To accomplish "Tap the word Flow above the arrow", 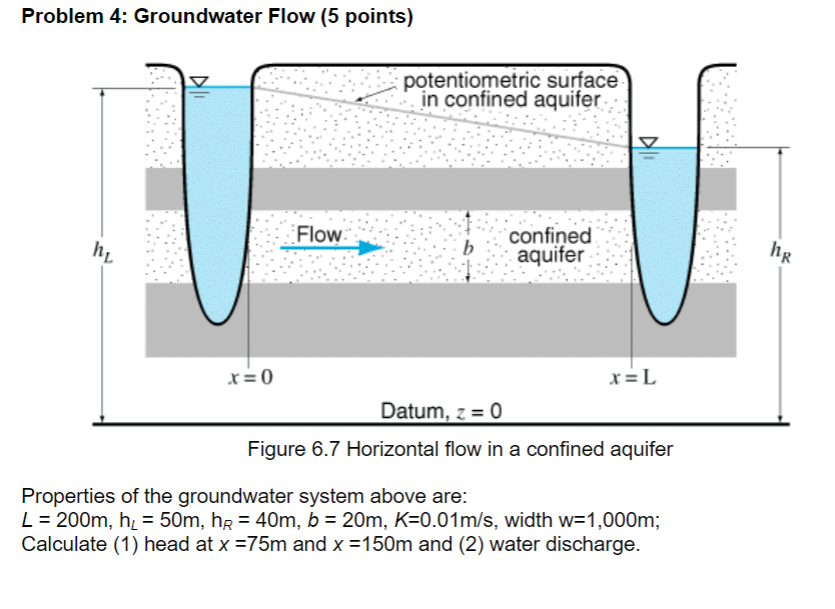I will pos(319,234).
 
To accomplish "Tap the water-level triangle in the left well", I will pos(198,80).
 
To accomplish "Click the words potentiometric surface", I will pos(513,81).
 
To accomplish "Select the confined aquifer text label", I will pos(550,246).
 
